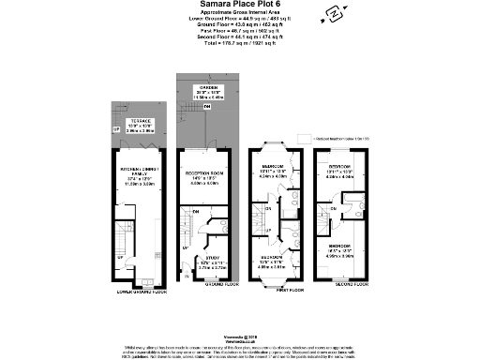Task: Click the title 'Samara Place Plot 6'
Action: click(x=239, y=6)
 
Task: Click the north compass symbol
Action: click(x=330, y=13)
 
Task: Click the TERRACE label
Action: click(x=129, y=123)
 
